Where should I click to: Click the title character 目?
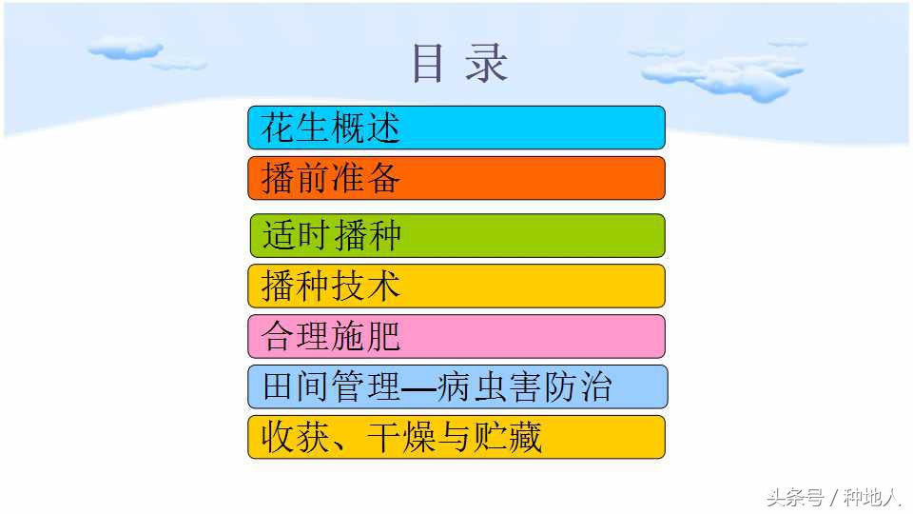[x=428, y=64]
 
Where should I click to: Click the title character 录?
[x=487, y=64]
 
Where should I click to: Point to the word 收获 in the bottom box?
[x=295, y=438]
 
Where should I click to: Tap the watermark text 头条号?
[x=795, y=496]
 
